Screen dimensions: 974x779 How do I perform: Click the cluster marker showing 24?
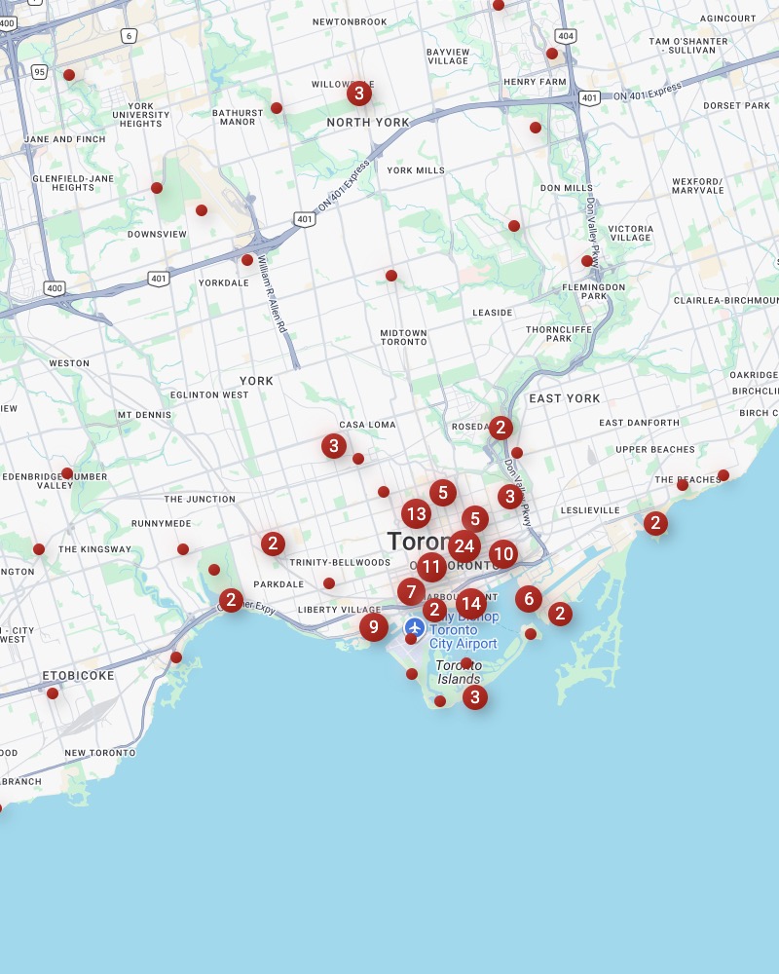pyautogui.click(x=464, y=546)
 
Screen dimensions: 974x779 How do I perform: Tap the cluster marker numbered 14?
pyautogui.click(x=470, y=603)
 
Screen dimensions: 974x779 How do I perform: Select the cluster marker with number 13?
pyautogui.click(x=416, y=513)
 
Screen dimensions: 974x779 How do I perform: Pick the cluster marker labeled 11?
pyautogui.click(x=431, y=567)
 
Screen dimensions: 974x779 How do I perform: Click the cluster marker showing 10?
pyautogui.click(x=502, y=554)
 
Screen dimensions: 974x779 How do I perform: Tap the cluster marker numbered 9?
pyautogui.click(x=373, y=627)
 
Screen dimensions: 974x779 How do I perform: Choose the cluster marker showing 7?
pyautogui.click(x=411, y=591)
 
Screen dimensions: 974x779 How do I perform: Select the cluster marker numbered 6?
pyautogui.click(x=529, y=598)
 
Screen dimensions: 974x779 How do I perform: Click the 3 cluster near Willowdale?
pyautogui.click(x=359, y=94)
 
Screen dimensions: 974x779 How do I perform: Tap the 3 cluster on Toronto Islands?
pyautogui.click(x=474, y=696)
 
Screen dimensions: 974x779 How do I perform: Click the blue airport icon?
pyautogui.click(x=415, y=626)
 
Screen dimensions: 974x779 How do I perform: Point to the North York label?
pyautogui.click(x=368, y=123)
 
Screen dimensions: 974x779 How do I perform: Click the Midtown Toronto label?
pyautogui.click(x=403, y=337)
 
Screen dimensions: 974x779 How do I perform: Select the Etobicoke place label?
pyautogui.click(x=78, y=675)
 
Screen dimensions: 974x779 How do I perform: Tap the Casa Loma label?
pyautogui.click(x=367, y=425)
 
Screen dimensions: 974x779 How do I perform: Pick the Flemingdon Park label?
pyautogui.click(x=593, y=291)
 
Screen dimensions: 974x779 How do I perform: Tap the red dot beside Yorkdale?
pyautogui.click(x=247, y=260)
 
